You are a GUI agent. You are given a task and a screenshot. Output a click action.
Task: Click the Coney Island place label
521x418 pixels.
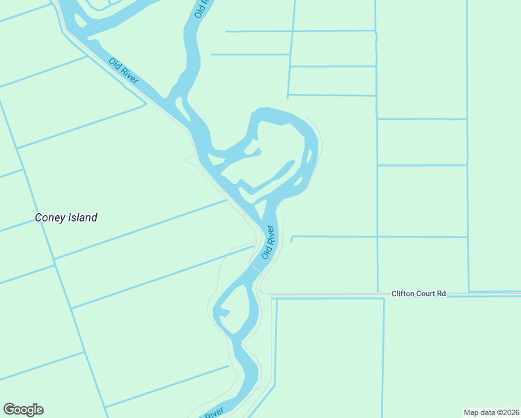(66, 217)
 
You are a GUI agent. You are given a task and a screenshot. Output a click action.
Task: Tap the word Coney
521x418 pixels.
(49, 217)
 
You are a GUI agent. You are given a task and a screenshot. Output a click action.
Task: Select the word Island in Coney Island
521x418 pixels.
(81, 217)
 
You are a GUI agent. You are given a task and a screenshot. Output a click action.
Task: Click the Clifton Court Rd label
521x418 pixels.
(418, 294)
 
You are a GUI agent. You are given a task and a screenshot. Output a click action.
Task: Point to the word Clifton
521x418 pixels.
(403, 294)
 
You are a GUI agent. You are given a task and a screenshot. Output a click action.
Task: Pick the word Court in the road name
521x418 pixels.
(427, 294)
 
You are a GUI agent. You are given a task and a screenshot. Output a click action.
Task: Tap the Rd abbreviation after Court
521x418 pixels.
(441, 294)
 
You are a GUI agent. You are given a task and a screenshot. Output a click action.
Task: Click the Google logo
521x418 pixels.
(23, 410)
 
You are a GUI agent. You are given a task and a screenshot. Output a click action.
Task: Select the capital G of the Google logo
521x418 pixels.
(9, 410)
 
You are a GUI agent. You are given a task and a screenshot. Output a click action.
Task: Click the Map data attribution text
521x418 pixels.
(491, 412)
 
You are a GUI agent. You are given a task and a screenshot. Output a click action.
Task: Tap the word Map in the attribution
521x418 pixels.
(473, 412)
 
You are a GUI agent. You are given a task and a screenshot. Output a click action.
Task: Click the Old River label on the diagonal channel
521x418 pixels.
(124, 70)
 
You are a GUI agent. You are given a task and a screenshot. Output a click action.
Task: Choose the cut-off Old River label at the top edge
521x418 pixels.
(201, 8)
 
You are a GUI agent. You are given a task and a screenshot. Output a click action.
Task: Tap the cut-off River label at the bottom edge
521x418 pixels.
(213, 413)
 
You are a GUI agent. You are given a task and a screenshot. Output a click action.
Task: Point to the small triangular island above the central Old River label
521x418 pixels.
(260, 208)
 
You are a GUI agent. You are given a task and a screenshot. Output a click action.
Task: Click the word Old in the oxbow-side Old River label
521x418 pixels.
(265, 251)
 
